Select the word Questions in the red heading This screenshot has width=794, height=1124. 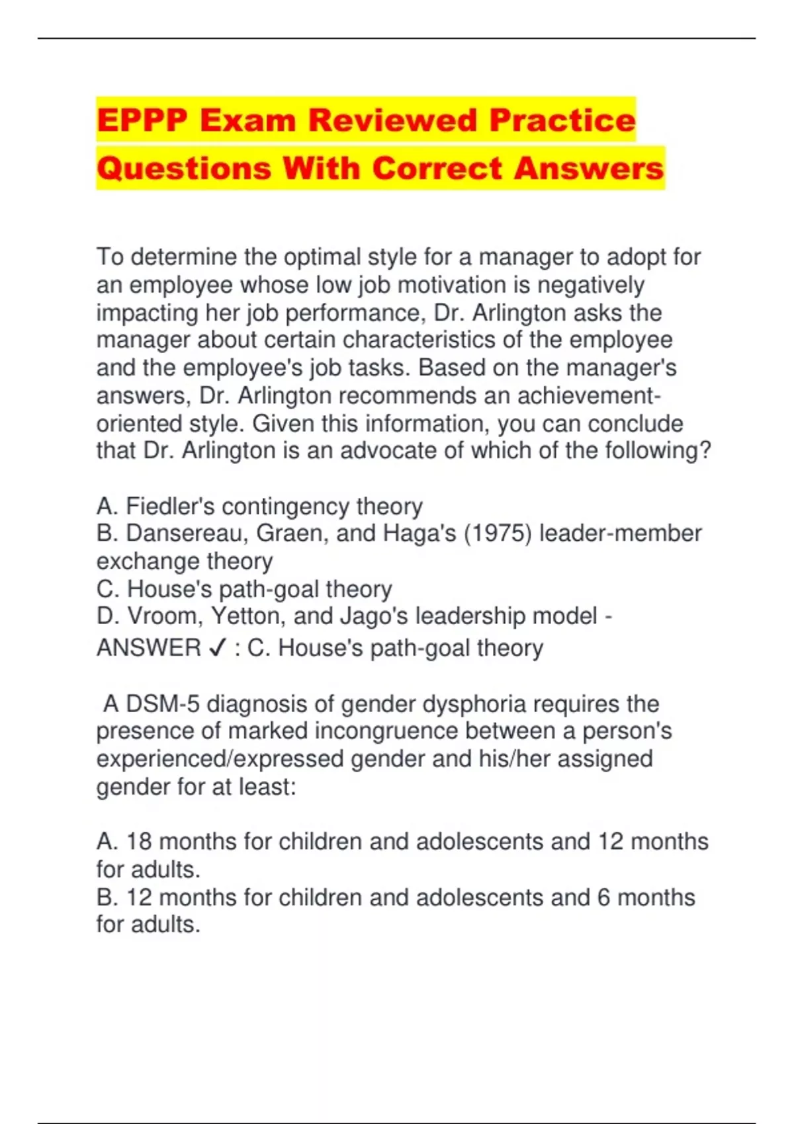pyautogui.click(x=184, y=168)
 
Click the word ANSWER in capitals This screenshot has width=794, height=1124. pyautogui.click(x=149, y=648)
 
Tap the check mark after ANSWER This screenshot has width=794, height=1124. pyautogui.click(x=217, y=649)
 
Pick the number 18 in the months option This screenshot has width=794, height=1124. pyautogui.click(x=139, y=842)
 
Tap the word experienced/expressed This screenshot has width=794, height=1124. pyautogui.click(x=220, y=759)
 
